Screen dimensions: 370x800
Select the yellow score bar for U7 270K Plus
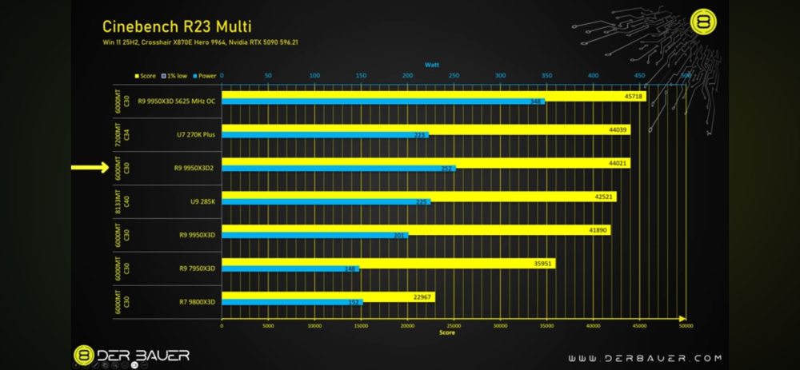424,129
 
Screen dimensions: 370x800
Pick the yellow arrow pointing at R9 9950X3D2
88,168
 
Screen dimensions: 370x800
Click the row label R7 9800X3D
197,302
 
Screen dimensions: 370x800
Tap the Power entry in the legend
206,75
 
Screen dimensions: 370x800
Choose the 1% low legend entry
174,75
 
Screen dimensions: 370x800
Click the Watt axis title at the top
432,64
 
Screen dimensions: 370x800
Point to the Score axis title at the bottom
446,332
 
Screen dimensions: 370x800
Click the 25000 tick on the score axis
454,325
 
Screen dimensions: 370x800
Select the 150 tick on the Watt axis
361,75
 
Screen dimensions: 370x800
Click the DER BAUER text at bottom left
144,354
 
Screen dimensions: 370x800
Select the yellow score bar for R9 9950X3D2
424,162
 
